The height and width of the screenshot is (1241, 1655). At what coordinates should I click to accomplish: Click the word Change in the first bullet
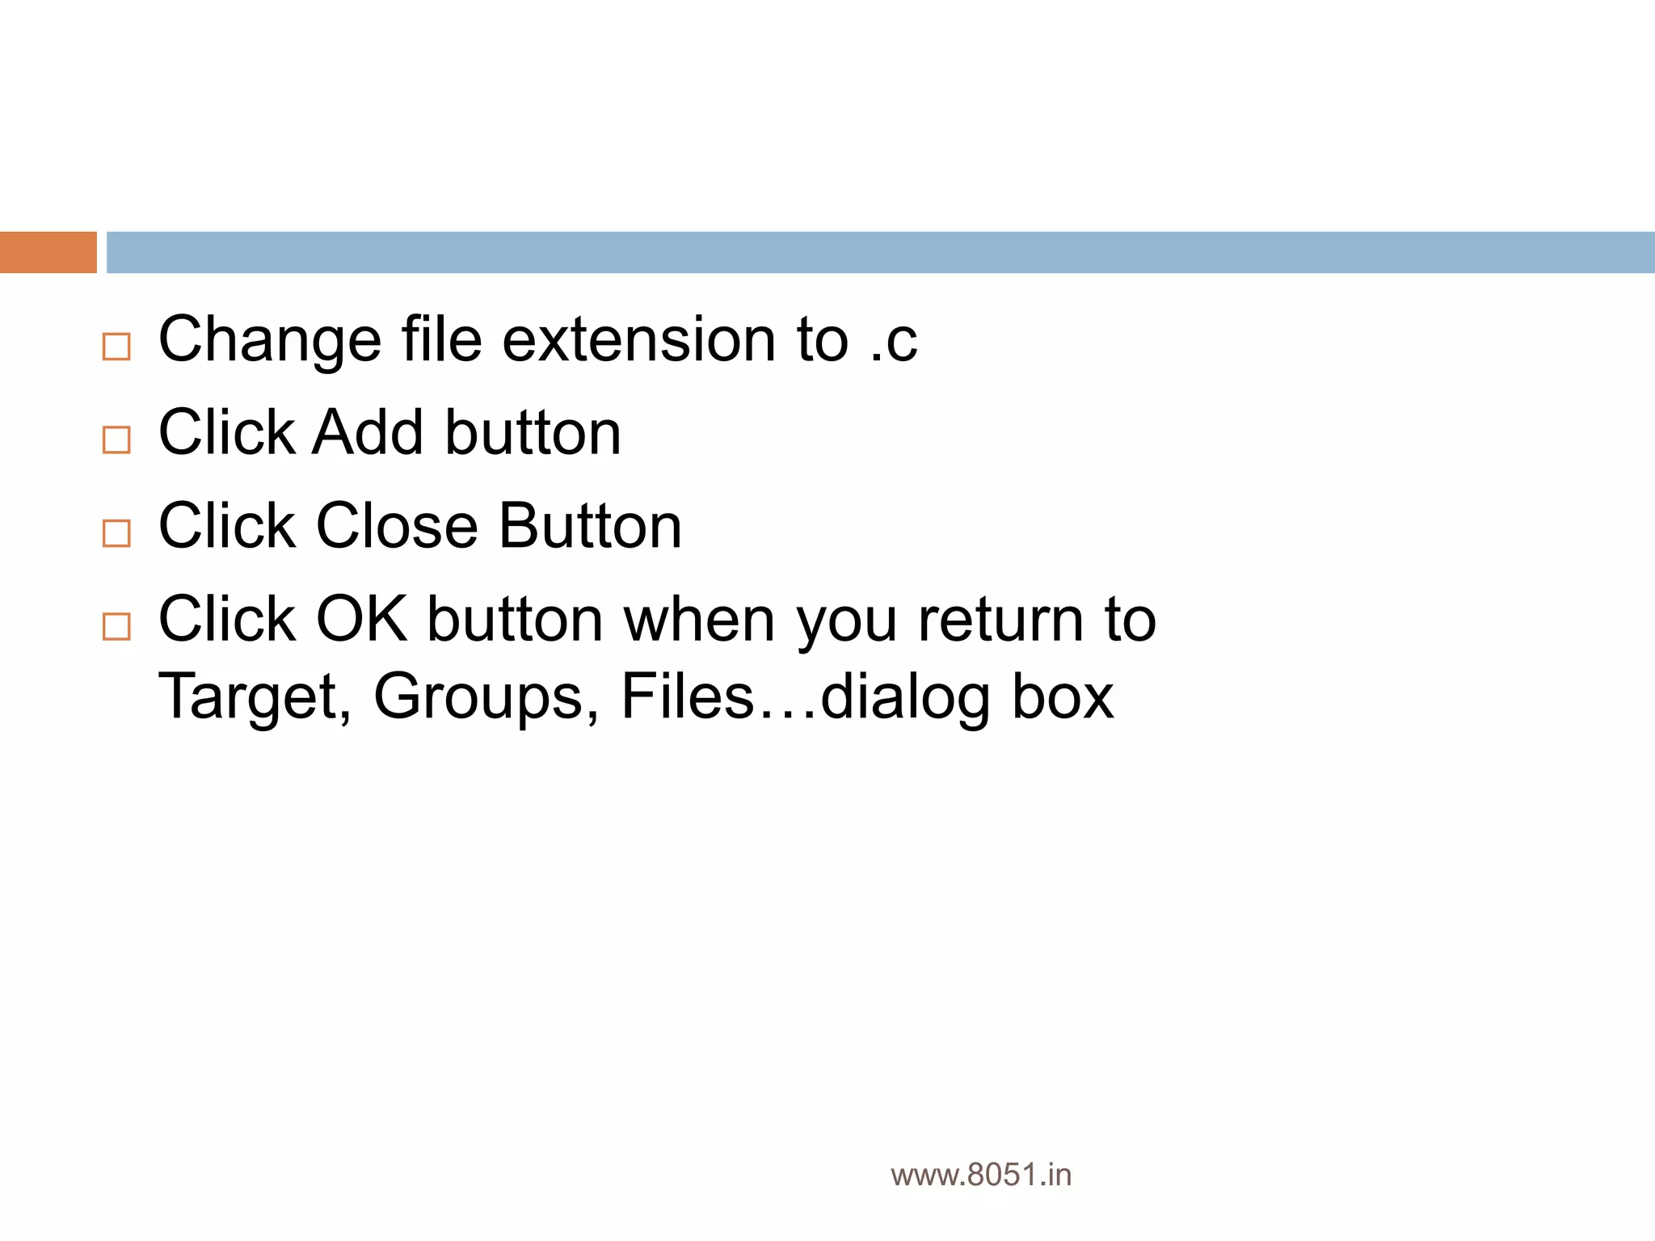(x=270, y=340)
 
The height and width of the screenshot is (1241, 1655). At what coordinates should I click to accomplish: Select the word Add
(x=368, y=433)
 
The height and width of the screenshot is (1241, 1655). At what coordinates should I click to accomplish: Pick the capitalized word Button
(x=590, y=527)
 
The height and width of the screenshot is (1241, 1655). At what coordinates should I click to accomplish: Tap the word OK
(x=361, y=620)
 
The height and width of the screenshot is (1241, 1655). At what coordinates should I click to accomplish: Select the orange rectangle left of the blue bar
(x=48, y=252)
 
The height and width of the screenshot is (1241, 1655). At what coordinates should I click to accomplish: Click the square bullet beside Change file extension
(x=116, y=347)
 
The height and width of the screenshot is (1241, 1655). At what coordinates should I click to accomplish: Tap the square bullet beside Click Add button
(x=116, y=440)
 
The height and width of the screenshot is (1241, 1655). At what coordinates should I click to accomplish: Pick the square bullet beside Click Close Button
(x=116, y=533)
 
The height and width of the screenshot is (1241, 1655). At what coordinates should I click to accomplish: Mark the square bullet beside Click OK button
(x=116, y=626)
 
